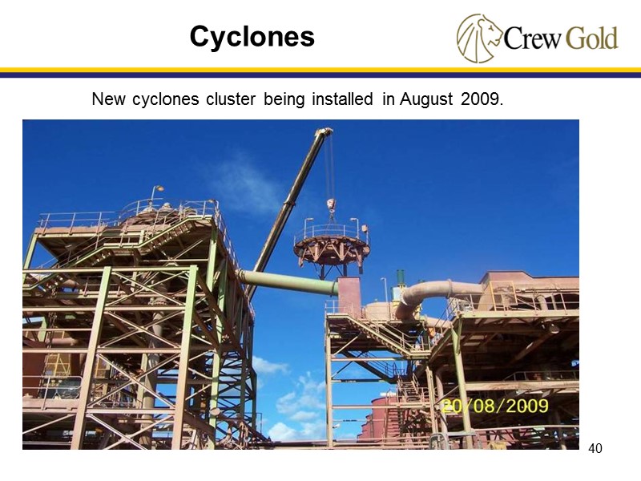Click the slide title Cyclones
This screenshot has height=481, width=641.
pos(252,36)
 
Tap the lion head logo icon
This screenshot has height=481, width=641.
pos(478,38)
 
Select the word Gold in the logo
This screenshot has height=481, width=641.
pos(591,38)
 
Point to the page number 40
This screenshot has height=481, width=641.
pos(595,448)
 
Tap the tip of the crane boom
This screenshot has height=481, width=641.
pos(325,132)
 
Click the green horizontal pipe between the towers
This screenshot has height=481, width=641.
pos(288,282)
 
